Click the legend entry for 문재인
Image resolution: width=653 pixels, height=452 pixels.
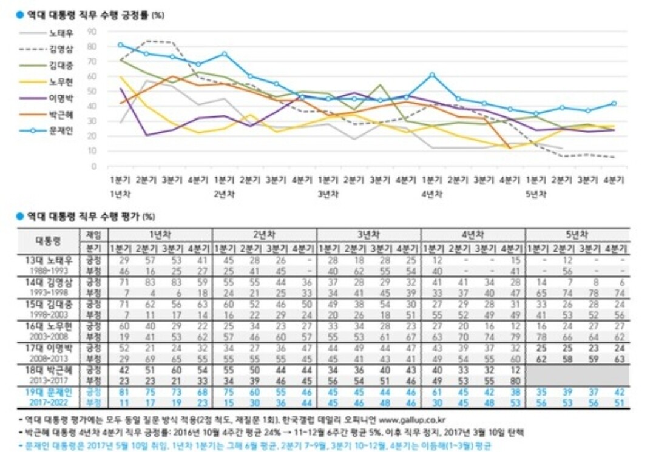click(61, 130)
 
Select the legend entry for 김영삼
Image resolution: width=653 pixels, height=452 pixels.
click(61, 49)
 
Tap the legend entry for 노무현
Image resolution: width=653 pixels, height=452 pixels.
click(61, 81)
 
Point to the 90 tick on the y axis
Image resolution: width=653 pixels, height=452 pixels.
click(92, 31)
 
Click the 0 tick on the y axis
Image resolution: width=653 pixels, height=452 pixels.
click(94, 166)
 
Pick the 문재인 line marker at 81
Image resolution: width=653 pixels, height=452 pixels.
click(120, 45)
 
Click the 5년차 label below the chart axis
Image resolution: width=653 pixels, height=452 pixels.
click(536, 194)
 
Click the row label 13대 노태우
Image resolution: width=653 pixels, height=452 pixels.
click(47, 260)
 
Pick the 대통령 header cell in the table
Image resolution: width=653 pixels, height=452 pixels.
click(47, 241)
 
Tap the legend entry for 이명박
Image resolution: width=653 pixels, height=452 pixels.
click(61, 98)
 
